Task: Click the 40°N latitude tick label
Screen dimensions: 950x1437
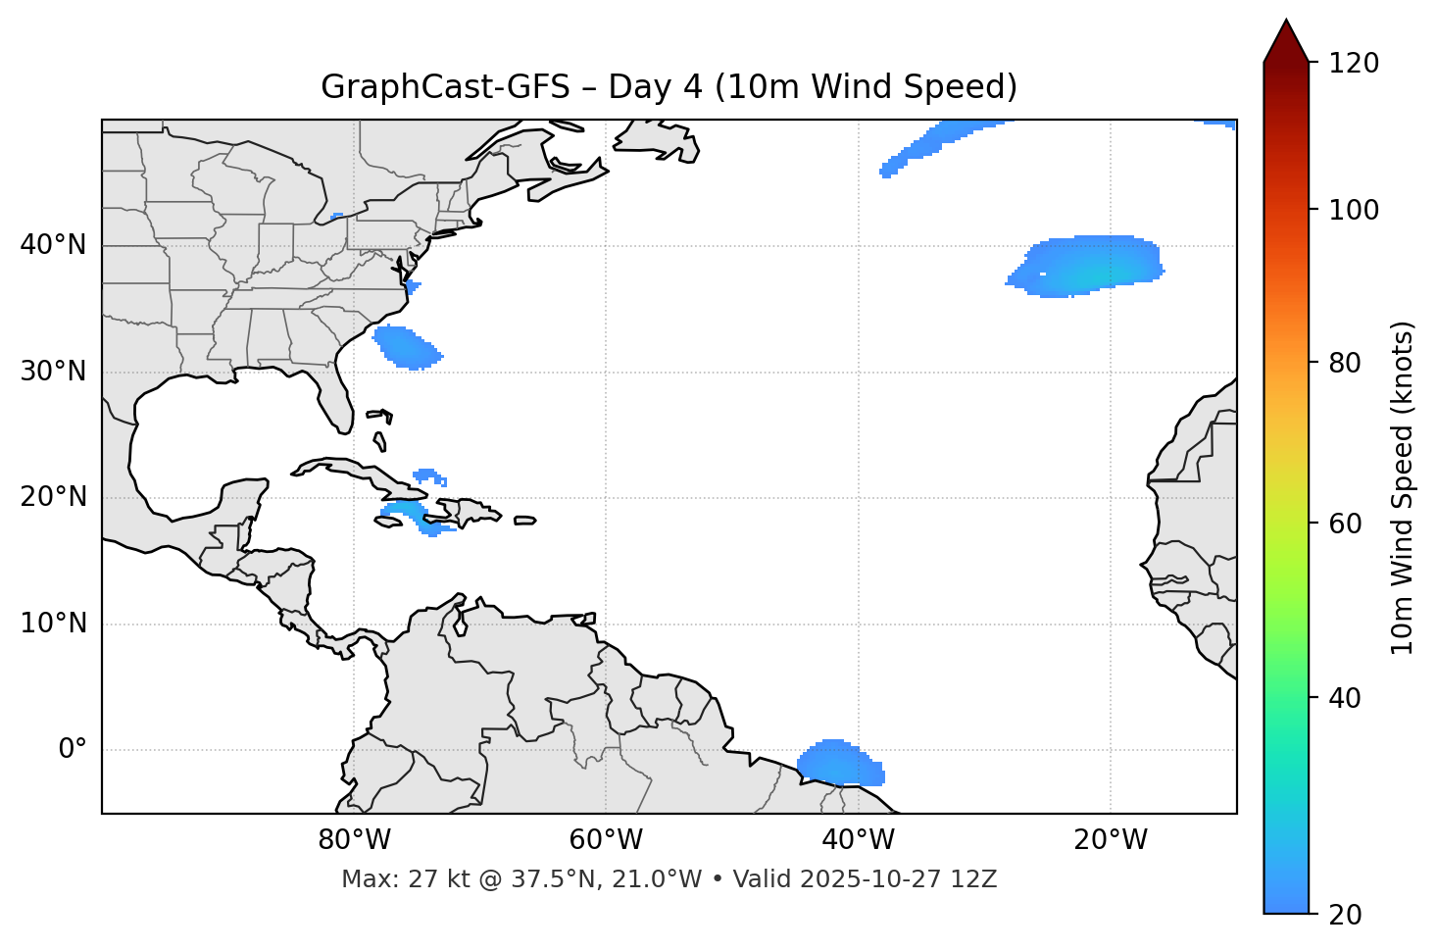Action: (x=53, y=245)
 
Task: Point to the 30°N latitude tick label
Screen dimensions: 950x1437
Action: (x=53, y=372)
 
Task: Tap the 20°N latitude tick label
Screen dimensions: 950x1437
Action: (x=53, y=497)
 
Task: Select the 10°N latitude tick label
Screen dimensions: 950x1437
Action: (x=53, y=624)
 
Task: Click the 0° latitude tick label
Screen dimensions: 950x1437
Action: (x=73, y=750)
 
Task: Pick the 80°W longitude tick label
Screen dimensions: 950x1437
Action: (x=354, y=840)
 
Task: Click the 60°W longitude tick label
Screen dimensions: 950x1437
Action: (x=606, y=840)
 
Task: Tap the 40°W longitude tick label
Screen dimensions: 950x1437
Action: (x=858, y=840)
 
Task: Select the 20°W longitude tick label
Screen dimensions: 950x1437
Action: (x=1110, y=840)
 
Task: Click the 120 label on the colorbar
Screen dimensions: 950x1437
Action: (x=1354, y=63)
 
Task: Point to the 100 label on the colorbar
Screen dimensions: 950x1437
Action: (x=1354, y=210)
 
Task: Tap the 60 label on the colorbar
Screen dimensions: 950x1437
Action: (x=1346, y=524)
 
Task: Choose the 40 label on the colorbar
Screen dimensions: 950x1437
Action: (x=1346, y=698)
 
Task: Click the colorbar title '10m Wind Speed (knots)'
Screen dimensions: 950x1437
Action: (x=1403, y=488)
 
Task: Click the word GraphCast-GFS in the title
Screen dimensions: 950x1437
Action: (x=445, y=87)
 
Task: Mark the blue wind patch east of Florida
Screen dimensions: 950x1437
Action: (x=407, y=347)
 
